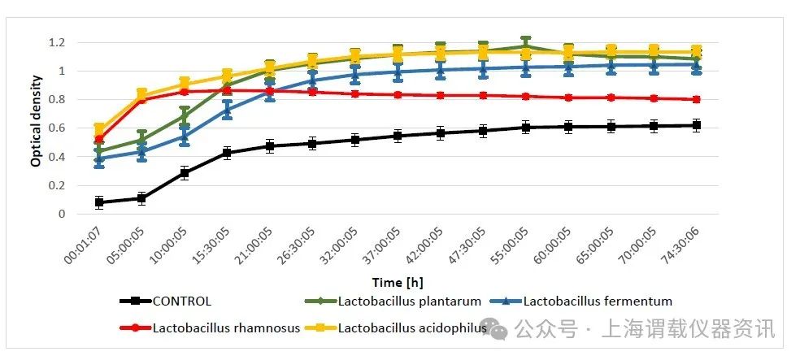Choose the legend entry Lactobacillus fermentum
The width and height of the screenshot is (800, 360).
point(598,301)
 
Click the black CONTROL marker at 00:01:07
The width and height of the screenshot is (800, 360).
point(99,202)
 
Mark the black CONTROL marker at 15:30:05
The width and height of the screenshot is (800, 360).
point(227,152)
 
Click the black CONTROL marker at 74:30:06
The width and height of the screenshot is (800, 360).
point(697,125)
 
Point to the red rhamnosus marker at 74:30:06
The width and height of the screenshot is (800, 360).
point(697,99)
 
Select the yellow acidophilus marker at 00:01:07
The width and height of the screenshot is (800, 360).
point(99,128)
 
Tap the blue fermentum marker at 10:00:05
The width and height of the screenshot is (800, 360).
point(185,137)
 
